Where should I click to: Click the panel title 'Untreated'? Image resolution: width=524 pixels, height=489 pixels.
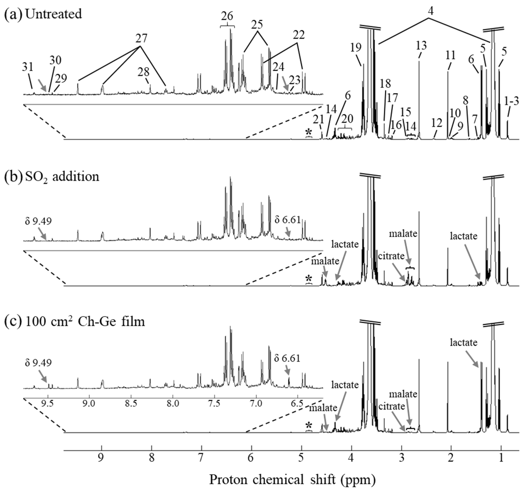click(54, 14)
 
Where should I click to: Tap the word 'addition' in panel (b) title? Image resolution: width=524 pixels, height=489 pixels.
click(76, 176)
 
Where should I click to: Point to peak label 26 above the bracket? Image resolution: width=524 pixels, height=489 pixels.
click(227, 16)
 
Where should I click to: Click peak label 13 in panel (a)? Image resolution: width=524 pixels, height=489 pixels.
click(421, 46)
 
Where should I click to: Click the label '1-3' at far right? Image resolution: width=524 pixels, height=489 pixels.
click(511, 101)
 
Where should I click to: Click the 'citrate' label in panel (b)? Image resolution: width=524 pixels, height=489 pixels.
click(391, 256)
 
